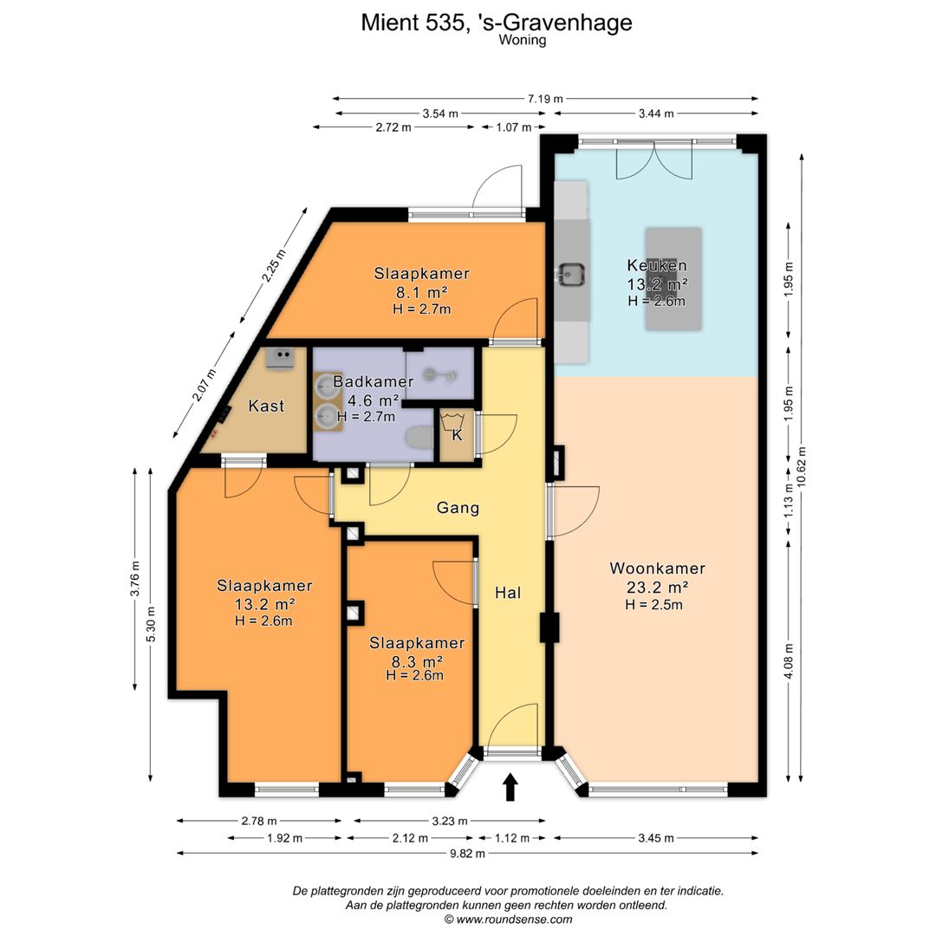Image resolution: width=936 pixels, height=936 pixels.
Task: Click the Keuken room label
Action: click(657, 265)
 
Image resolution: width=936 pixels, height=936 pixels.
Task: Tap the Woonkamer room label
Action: click(657, 569)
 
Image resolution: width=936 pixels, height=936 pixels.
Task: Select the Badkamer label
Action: click(373, 381)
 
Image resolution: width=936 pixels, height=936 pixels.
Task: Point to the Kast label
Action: click(266, 406)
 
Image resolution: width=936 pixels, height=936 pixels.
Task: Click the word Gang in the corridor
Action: click(458, 508)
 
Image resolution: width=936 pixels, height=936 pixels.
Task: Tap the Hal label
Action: click(508, 593)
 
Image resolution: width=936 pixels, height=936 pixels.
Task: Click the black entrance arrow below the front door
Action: click(510, 787)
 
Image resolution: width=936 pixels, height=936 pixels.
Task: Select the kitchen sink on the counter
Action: click(570, 275)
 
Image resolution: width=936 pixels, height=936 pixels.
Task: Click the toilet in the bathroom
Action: click(419, 437)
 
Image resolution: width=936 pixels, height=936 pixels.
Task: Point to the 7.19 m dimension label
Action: click(545, 99)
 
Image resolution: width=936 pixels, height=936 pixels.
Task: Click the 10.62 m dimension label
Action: click(801, 467)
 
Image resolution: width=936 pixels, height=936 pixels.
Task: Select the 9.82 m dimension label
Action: click(467, 854)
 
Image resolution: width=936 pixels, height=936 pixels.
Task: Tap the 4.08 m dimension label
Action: click(789, 660)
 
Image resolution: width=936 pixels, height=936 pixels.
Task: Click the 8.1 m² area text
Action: click(422, 293)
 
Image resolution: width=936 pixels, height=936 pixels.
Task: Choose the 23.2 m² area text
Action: click(657, 588)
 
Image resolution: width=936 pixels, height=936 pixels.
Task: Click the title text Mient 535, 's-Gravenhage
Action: click(497, 23)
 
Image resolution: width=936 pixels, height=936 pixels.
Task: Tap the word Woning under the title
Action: click(523, 41)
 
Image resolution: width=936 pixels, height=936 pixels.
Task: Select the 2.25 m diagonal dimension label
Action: click(274, 266)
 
